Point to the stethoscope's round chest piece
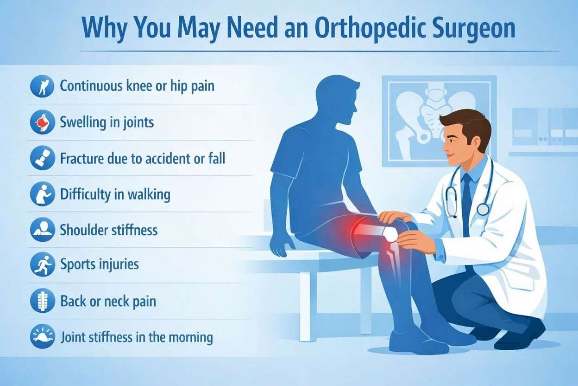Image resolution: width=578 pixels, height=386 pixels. pyautogui.click(x=483, y=209)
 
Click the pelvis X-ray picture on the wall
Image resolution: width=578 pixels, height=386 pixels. pyautogui.click(x=438, y=120)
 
